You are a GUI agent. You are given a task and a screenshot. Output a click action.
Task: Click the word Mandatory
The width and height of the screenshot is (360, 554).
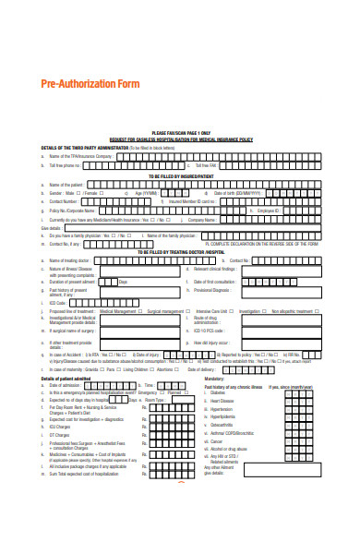click(x=214, y=378)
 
